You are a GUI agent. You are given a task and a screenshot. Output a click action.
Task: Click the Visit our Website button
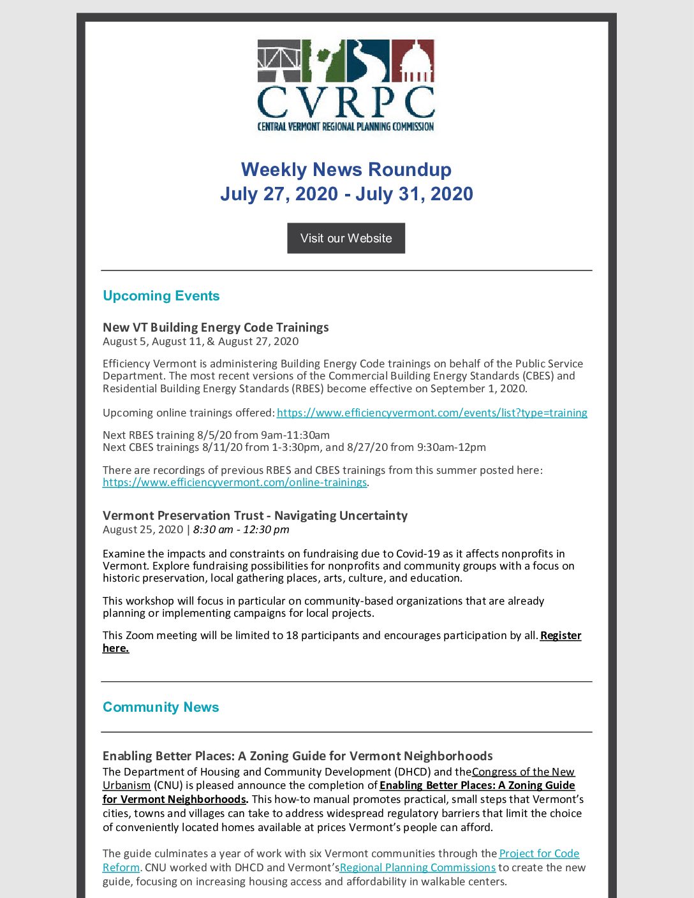point(346,238)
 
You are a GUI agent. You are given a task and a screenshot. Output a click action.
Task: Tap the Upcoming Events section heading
point(161,296)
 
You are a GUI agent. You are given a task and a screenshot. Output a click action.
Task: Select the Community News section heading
point(161,707)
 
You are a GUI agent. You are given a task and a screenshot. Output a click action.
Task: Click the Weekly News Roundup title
point(346,170)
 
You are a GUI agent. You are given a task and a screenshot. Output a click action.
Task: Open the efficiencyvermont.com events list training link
point(432,413)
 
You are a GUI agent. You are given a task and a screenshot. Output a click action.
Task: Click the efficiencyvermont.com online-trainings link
point(235,483)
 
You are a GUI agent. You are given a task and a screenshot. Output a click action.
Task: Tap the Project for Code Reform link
point(539,853)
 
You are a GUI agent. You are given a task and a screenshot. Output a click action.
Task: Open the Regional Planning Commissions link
point(418,867)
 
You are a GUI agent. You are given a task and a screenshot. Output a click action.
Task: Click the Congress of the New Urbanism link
point(523,772)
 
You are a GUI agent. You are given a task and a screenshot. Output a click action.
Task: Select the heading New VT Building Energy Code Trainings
point(216,327)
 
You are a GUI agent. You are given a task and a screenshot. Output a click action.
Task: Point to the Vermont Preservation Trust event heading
point(255,515)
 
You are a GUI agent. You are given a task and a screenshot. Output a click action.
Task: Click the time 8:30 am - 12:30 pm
point(241,529)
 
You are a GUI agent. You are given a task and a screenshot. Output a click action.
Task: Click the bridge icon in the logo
point(279,61)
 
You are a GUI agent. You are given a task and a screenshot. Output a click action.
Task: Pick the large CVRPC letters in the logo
point(346,102)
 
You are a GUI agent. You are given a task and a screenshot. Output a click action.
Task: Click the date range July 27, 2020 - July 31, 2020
point(346,194)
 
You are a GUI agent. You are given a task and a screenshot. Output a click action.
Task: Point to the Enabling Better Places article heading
point(297,756)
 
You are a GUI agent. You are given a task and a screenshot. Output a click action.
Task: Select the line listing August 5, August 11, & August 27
point(200,341)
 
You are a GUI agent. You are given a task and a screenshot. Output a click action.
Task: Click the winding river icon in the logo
point(368,61)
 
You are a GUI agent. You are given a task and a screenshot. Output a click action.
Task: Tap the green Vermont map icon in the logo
point(323,61)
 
